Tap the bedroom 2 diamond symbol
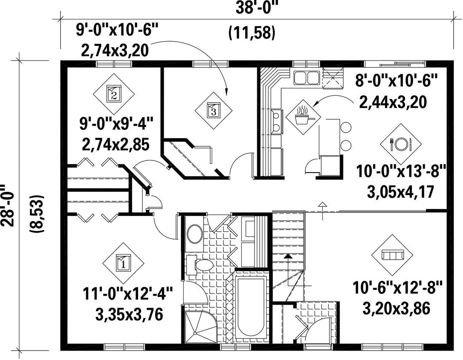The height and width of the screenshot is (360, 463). point(114,94)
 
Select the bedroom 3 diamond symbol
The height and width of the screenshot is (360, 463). point(213,110)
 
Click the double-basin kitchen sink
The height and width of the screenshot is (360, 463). point(306,78)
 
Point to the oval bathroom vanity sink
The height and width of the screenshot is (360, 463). point(195,233)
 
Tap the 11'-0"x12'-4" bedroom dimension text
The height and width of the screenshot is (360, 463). point(128,294)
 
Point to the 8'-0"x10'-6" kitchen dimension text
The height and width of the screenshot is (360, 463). point(396,80)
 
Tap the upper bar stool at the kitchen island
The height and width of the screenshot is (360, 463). point(346,127)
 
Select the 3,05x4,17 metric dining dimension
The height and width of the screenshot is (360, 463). point(400,192)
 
